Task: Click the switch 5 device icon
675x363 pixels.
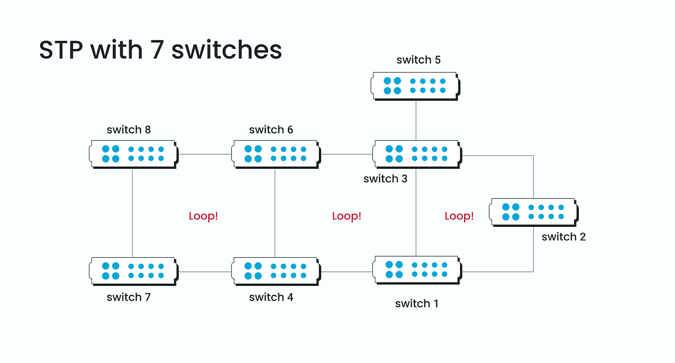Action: coord(415,86)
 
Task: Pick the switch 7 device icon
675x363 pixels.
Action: coord(133,271)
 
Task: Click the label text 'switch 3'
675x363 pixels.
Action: coord(385,179)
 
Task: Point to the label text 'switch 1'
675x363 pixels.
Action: coord(417,304)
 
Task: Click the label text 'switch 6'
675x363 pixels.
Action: coord(271,130)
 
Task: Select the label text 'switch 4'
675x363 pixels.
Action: coord(271,297)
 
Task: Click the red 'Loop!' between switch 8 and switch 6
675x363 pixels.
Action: coord(203,216)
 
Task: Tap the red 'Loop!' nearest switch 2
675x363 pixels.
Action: coord(459,216)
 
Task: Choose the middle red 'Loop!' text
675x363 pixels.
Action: coord(346,216)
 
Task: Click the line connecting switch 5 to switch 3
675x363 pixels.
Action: coord(416,120)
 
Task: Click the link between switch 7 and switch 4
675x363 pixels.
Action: coord(205,271)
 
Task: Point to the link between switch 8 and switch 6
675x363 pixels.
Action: coord(205,154)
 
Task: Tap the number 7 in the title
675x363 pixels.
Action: coord(154,51)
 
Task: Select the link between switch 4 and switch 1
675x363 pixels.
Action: coord(346,271)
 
